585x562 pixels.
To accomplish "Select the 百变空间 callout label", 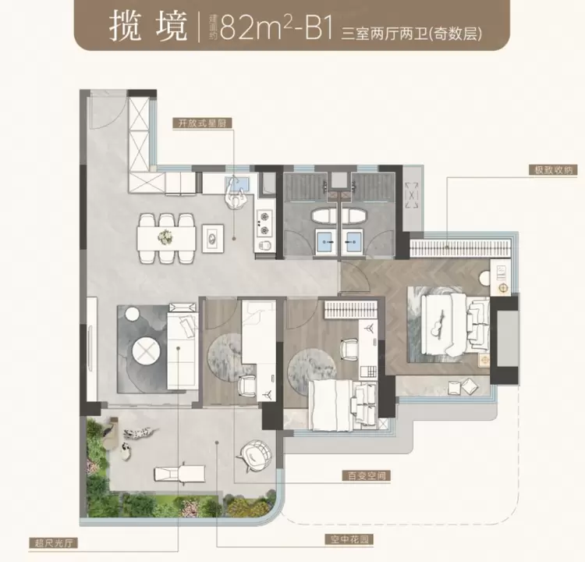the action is click(367, 475).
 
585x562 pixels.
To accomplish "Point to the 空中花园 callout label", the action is click(349, 539).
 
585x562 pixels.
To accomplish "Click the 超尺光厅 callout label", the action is click(54, 542).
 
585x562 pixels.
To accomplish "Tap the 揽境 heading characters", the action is click(148, 27).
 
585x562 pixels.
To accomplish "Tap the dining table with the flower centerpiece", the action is click(166, 238).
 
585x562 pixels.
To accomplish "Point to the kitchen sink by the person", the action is click(237, 183).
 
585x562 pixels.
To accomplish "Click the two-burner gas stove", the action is click(264, 224).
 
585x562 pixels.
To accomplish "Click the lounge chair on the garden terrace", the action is click(180, 474).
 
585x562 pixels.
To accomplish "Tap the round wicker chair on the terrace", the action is click(255, 456).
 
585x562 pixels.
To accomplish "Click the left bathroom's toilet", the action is click(324, 216).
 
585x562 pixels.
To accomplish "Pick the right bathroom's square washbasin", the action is click(353, 242).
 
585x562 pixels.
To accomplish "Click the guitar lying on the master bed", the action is click(438, 323).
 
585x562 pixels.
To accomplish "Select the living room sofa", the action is click(183, 350).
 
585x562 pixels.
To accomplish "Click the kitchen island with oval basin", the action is click(213, 238).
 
